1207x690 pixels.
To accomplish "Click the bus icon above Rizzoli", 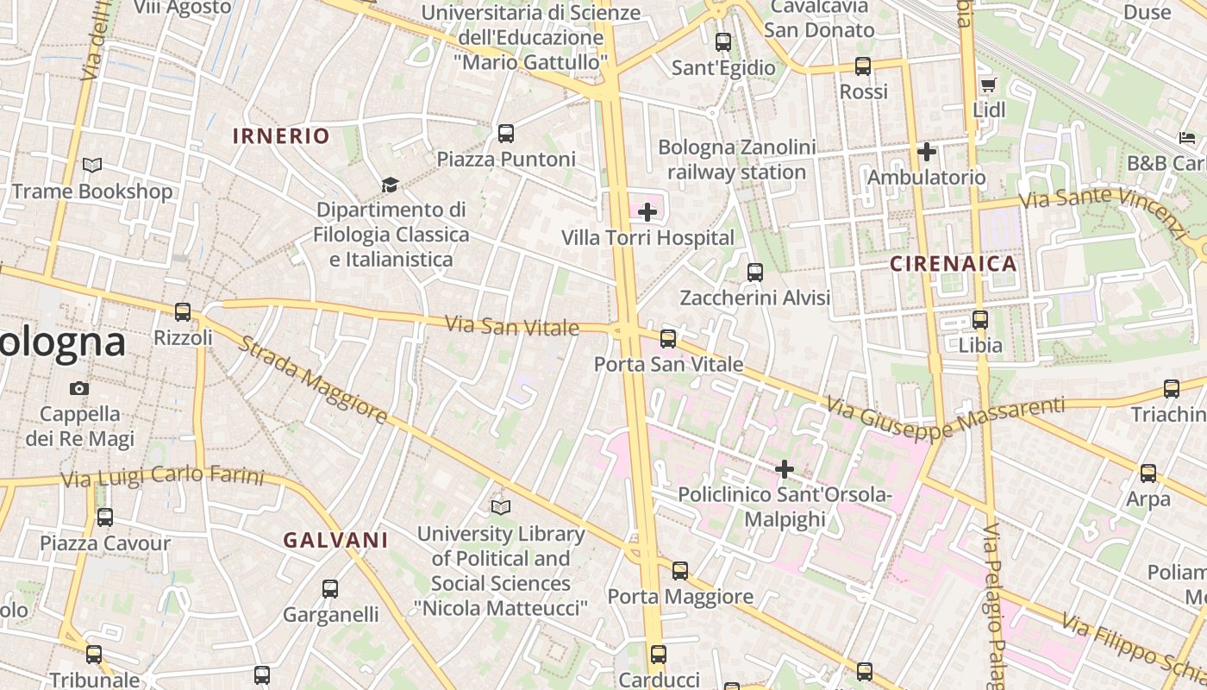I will (183, 312).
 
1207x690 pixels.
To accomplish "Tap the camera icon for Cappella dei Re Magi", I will (79, 388).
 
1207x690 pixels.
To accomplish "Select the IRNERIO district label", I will (281, 136).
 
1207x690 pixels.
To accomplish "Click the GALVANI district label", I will (335, 541).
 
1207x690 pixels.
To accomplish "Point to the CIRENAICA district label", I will (954, 265).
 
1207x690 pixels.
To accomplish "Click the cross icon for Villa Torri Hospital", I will (647, 212).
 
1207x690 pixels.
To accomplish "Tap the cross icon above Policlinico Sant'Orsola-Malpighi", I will (785, 469).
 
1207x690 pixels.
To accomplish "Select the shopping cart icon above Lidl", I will (988, 85).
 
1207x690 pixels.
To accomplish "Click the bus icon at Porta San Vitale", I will (668, 338).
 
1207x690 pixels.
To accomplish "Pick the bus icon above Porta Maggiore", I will (680, 571).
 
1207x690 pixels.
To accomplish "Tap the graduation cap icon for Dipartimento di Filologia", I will (391, 185).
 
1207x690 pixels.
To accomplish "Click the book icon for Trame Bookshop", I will (92, 165).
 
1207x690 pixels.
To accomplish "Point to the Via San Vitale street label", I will (512, 326).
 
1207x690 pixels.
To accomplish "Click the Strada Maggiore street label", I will (312, 380).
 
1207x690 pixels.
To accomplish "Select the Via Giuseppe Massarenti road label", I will (945, 417).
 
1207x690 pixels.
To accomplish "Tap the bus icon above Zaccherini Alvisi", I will (755, 273).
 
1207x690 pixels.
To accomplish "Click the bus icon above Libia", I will (980, 320).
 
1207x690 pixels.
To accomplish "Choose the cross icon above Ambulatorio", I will (927, 152).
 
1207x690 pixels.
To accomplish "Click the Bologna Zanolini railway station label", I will (737, 160).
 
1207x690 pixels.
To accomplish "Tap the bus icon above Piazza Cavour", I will (105, 517).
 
